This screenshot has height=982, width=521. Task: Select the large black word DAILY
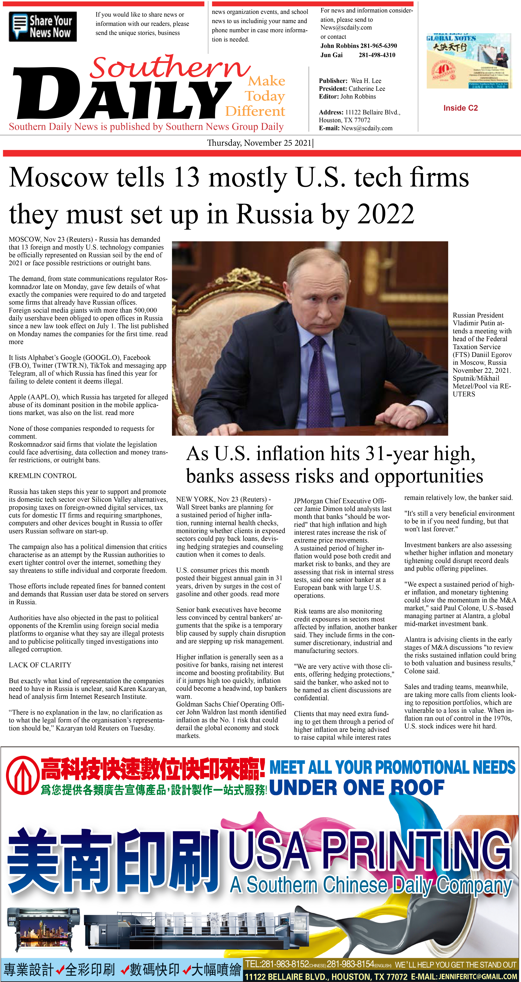122,95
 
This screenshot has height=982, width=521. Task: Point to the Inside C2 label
460,108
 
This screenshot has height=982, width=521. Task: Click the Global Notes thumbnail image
469,61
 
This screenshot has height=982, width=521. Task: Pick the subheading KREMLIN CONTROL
42,476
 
